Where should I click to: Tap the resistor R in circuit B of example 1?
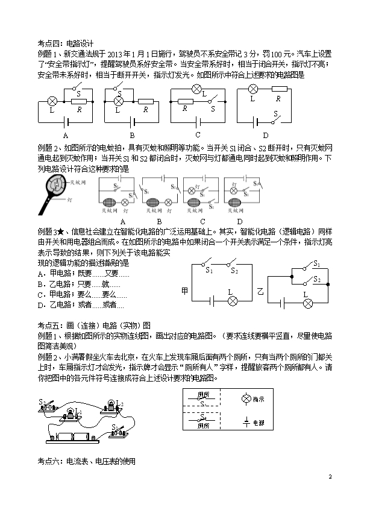pos(145,101)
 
